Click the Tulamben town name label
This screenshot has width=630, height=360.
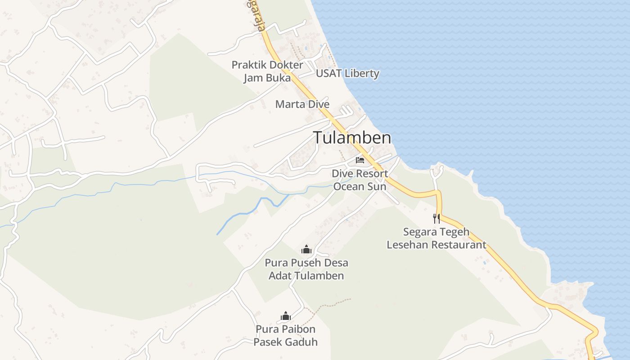coord(352,138)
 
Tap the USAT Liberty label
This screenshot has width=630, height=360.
coord(347,73)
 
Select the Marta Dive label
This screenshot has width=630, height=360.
coord(302,104)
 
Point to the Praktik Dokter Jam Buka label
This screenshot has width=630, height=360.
coord(267,71)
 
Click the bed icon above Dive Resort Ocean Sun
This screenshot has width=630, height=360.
coord(360,160)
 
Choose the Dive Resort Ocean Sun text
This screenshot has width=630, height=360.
coord(360,180)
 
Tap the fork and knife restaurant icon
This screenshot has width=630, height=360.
coord(436,219)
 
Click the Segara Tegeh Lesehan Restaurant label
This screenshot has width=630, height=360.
coord(436,238)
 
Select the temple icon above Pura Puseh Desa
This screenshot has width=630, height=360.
coord(306,249)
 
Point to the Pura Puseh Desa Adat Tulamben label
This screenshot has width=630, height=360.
coord(306,269)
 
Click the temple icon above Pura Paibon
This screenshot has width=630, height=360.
coord(286,316)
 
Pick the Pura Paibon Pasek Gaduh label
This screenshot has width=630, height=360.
coord(285,336)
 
